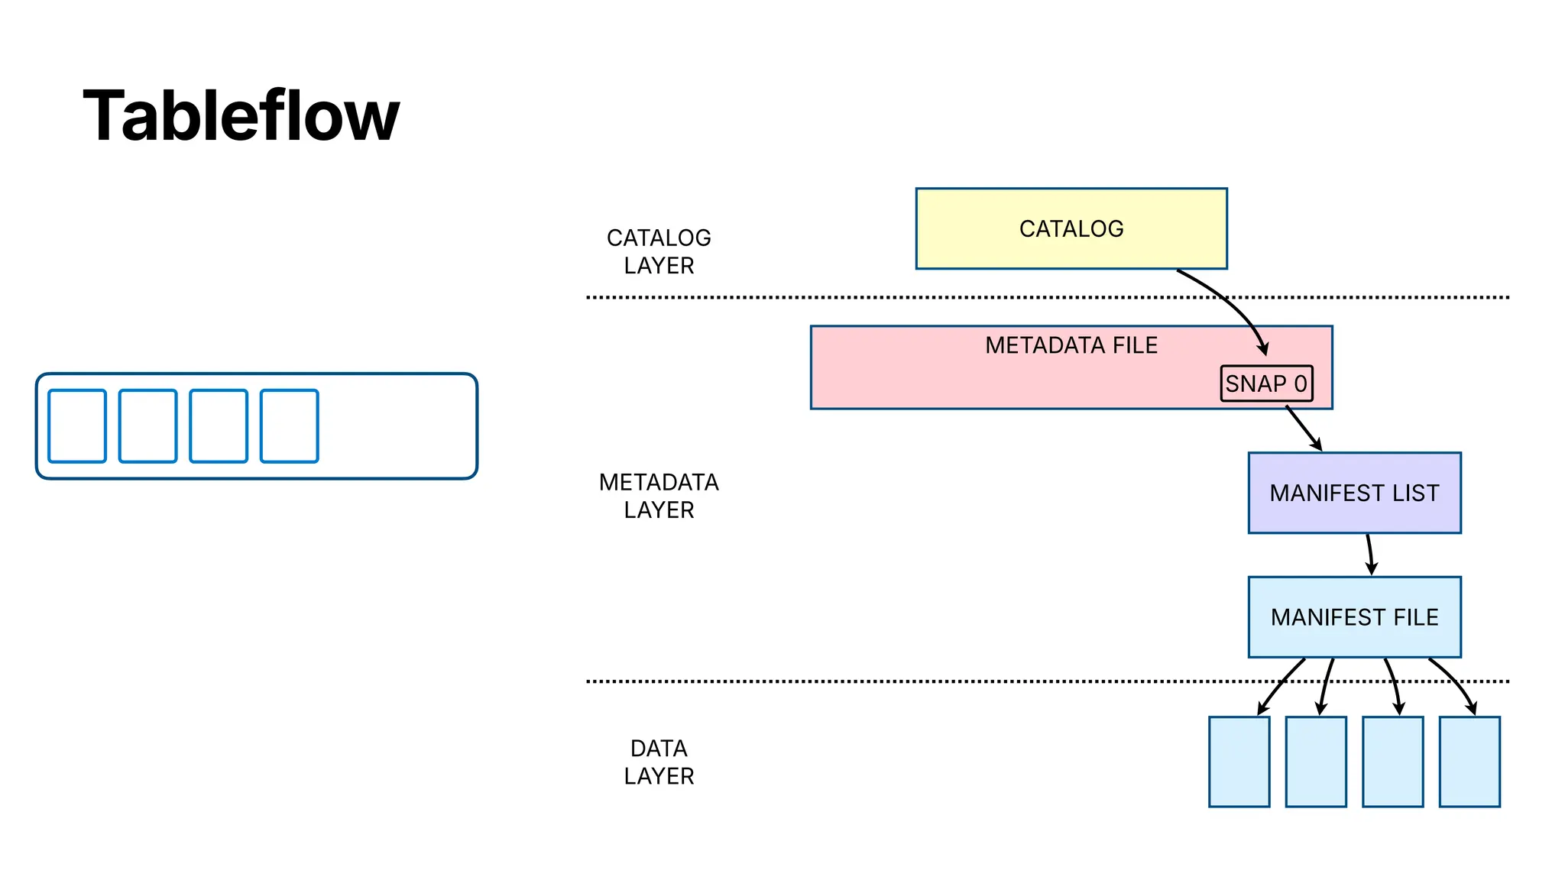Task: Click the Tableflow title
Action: click(241, 116)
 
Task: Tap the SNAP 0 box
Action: click(1265, 383)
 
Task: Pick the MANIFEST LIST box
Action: click(1353, 493)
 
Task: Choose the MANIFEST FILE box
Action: click(1353, 616)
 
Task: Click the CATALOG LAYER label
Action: click(658, 251)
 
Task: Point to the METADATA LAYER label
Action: click(658, 496)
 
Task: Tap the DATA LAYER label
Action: click(658, 762)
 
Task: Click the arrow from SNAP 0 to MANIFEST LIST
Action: click(1304, 429)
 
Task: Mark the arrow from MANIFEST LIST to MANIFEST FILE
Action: click(1370, 555)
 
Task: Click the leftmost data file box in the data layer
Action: click(1238, 762)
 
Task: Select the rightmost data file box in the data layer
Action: click(1469, 762)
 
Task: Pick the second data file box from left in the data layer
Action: click(1315, 762)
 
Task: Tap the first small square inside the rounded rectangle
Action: click(77, 426)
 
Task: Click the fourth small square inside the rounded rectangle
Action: click(289, 426)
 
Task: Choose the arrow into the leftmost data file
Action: click(1278, 686)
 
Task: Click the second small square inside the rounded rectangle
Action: click(147, 426)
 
